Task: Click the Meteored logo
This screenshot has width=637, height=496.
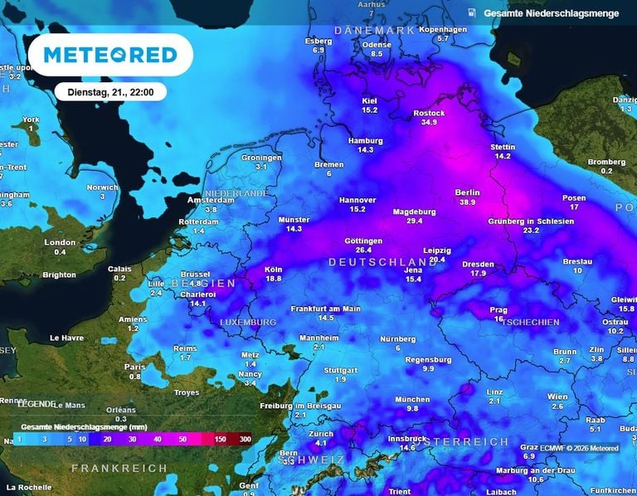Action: click(109, 56)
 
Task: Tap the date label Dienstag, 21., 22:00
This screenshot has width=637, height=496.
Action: click(110, 92)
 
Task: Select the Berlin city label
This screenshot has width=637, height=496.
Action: click(467, 192)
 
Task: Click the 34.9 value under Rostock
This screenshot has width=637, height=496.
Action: click(429, 122)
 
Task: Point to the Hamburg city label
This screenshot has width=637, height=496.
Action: click(365, 140)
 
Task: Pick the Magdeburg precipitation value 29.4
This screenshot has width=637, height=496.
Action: click(414, 221)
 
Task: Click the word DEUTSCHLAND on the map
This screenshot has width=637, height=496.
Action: click(382, 262)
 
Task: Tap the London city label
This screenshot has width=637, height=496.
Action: click(60, 242)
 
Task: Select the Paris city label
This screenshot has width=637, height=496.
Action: click(134, 367)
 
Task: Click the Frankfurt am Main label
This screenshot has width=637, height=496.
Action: click(325, 309)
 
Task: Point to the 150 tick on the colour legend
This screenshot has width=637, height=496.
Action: click(221, 438)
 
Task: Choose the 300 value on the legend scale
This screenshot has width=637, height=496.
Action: click(245, 438)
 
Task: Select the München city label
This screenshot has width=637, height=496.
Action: click(412, 399)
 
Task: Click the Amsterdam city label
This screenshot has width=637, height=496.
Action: click(211, 201)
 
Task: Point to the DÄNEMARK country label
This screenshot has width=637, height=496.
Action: click(373, 30)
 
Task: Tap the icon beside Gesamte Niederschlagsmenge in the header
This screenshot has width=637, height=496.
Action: click(471, 12)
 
